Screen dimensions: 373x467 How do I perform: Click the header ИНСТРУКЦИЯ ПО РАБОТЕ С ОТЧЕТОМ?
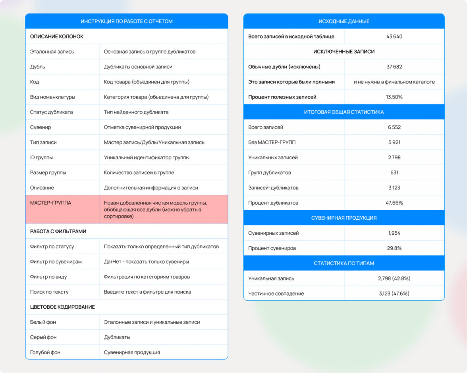tap(126, 21)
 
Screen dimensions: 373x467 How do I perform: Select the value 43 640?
tap(394, 37)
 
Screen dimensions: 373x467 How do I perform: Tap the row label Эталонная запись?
tap(52, 52)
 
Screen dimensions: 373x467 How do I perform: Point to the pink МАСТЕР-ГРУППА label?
tap(50, 203)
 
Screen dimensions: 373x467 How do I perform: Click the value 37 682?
tap(394, 67)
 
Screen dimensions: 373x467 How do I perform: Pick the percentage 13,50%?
tap(394, 97)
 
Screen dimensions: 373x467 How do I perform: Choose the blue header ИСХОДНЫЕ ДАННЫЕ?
tap(343, 21)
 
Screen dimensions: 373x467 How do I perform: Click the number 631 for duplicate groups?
tap(394, 173)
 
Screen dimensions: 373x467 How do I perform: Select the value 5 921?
tap(394, 142)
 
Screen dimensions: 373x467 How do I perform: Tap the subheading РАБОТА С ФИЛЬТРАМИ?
tap(58, 231)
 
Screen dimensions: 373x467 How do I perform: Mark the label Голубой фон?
tap(45, 352)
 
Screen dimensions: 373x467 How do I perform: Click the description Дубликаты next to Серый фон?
tap(117, 337)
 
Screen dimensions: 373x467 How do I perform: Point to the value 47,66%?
tap(394, 203)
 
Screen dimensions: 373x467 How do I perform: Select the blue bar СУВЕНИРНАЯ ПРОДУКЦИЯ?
tap(343, 218)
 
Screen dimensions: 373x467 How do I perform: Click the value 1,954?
tap(394, 233)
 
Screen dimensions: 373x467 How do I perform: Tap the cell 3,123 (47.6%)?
tap(394, 294)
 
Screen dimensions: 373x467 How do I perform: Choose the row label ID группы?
tap(41, 158)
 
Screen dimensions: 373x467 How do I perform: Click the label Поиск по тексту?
tap(49, 292)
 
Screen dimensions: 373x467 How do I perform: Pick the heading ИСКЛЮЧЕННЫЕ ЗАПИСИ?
tap(343, 52)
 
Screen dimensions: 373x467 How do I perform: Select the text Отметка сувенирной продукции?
tap(142, 128)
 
